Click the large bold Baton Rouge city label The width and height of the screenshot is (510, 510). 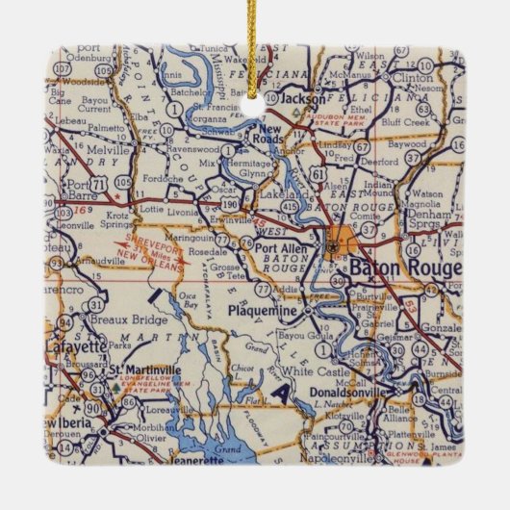click(404, 267)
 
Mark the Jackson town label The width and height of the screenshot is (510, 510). click(304, 98)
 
